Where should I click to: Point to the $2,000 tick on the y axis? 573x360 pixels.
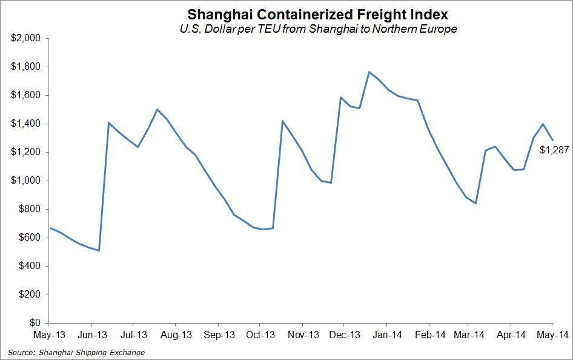coord(25,38)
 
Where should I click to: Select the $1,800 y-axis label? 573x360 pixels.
coord(25,67)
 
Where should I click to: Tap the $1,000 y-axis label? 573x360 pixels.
coord(25,181)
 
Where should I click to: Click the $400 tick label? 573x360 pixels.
coord(29,266)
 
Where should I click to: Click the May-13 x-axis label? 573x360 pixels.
coord(49,334)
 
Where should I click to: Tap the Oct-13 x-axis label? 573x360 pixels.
coord(262,334)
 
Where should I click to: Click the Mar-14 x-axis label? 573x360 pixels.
coord(470,334)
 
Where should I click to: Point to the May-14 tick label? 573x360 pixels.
coord(552,334)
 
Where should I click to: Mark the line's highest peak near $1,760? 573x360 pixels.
coord(369,72)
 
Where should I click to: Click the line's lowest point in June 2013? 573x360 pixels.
coord(99,250)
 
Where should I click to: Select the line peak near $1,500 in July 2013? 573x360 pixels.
coord(157,110)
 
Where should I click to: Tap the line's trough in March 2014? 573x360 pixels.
coord(476,203)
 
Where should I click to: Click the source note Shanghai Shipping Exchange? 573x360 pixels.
coord(76,352)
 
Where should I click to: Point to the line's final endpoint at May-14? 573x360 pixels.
coord(552,140)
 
